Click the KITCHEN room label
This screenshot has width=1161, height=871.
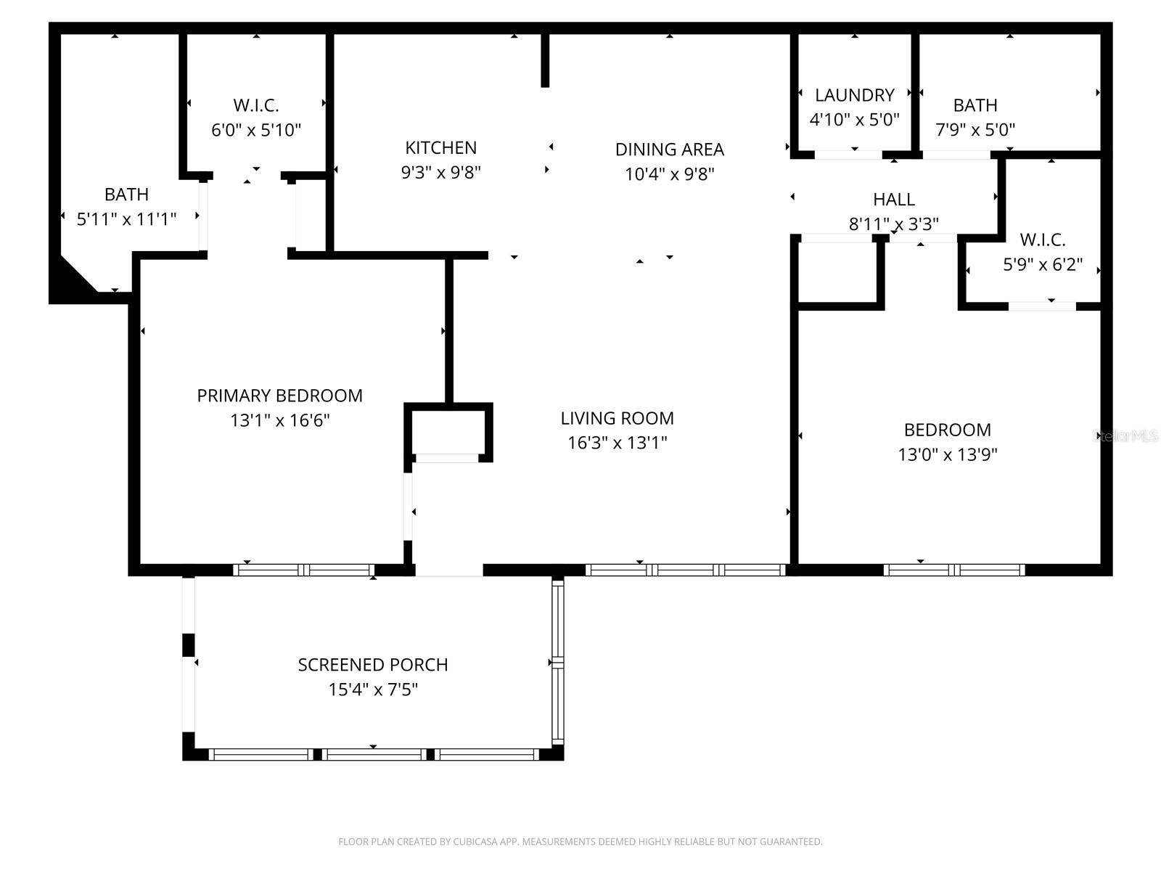point(440,148)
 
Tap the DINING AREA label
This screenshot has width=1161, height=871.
point(669,150)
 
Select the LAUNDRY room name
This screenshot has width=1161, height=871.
point(854,95)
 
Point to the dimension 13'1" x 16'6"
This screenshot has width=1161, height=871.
point(279,420)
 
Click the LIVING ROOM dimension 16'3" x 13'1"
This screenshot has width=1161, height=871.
point(617,443)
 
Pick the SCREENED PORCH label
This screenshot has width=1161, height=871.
point(372,665)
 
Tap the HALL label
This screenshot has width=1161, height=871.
point(893,199)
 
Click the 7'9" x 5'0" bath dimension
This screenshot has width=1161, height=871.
point(975,130)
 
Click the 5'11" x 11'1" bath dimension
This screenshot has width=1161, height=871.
point(126,219)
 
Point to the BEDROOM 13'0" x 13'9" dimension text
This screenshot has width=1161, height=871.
point(947,454)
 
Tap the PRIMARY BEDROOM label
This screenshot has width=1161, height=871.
point(279,396)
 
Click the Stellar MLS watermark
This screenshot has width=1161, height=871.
point(1125,436)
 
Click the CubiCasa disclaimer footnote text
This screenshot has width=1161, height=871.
point(580,842)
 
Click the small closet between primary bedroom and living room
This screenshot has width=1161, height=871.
point(448,432)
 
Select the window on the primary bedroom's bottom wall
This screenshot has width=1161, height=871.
point(305,570)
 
